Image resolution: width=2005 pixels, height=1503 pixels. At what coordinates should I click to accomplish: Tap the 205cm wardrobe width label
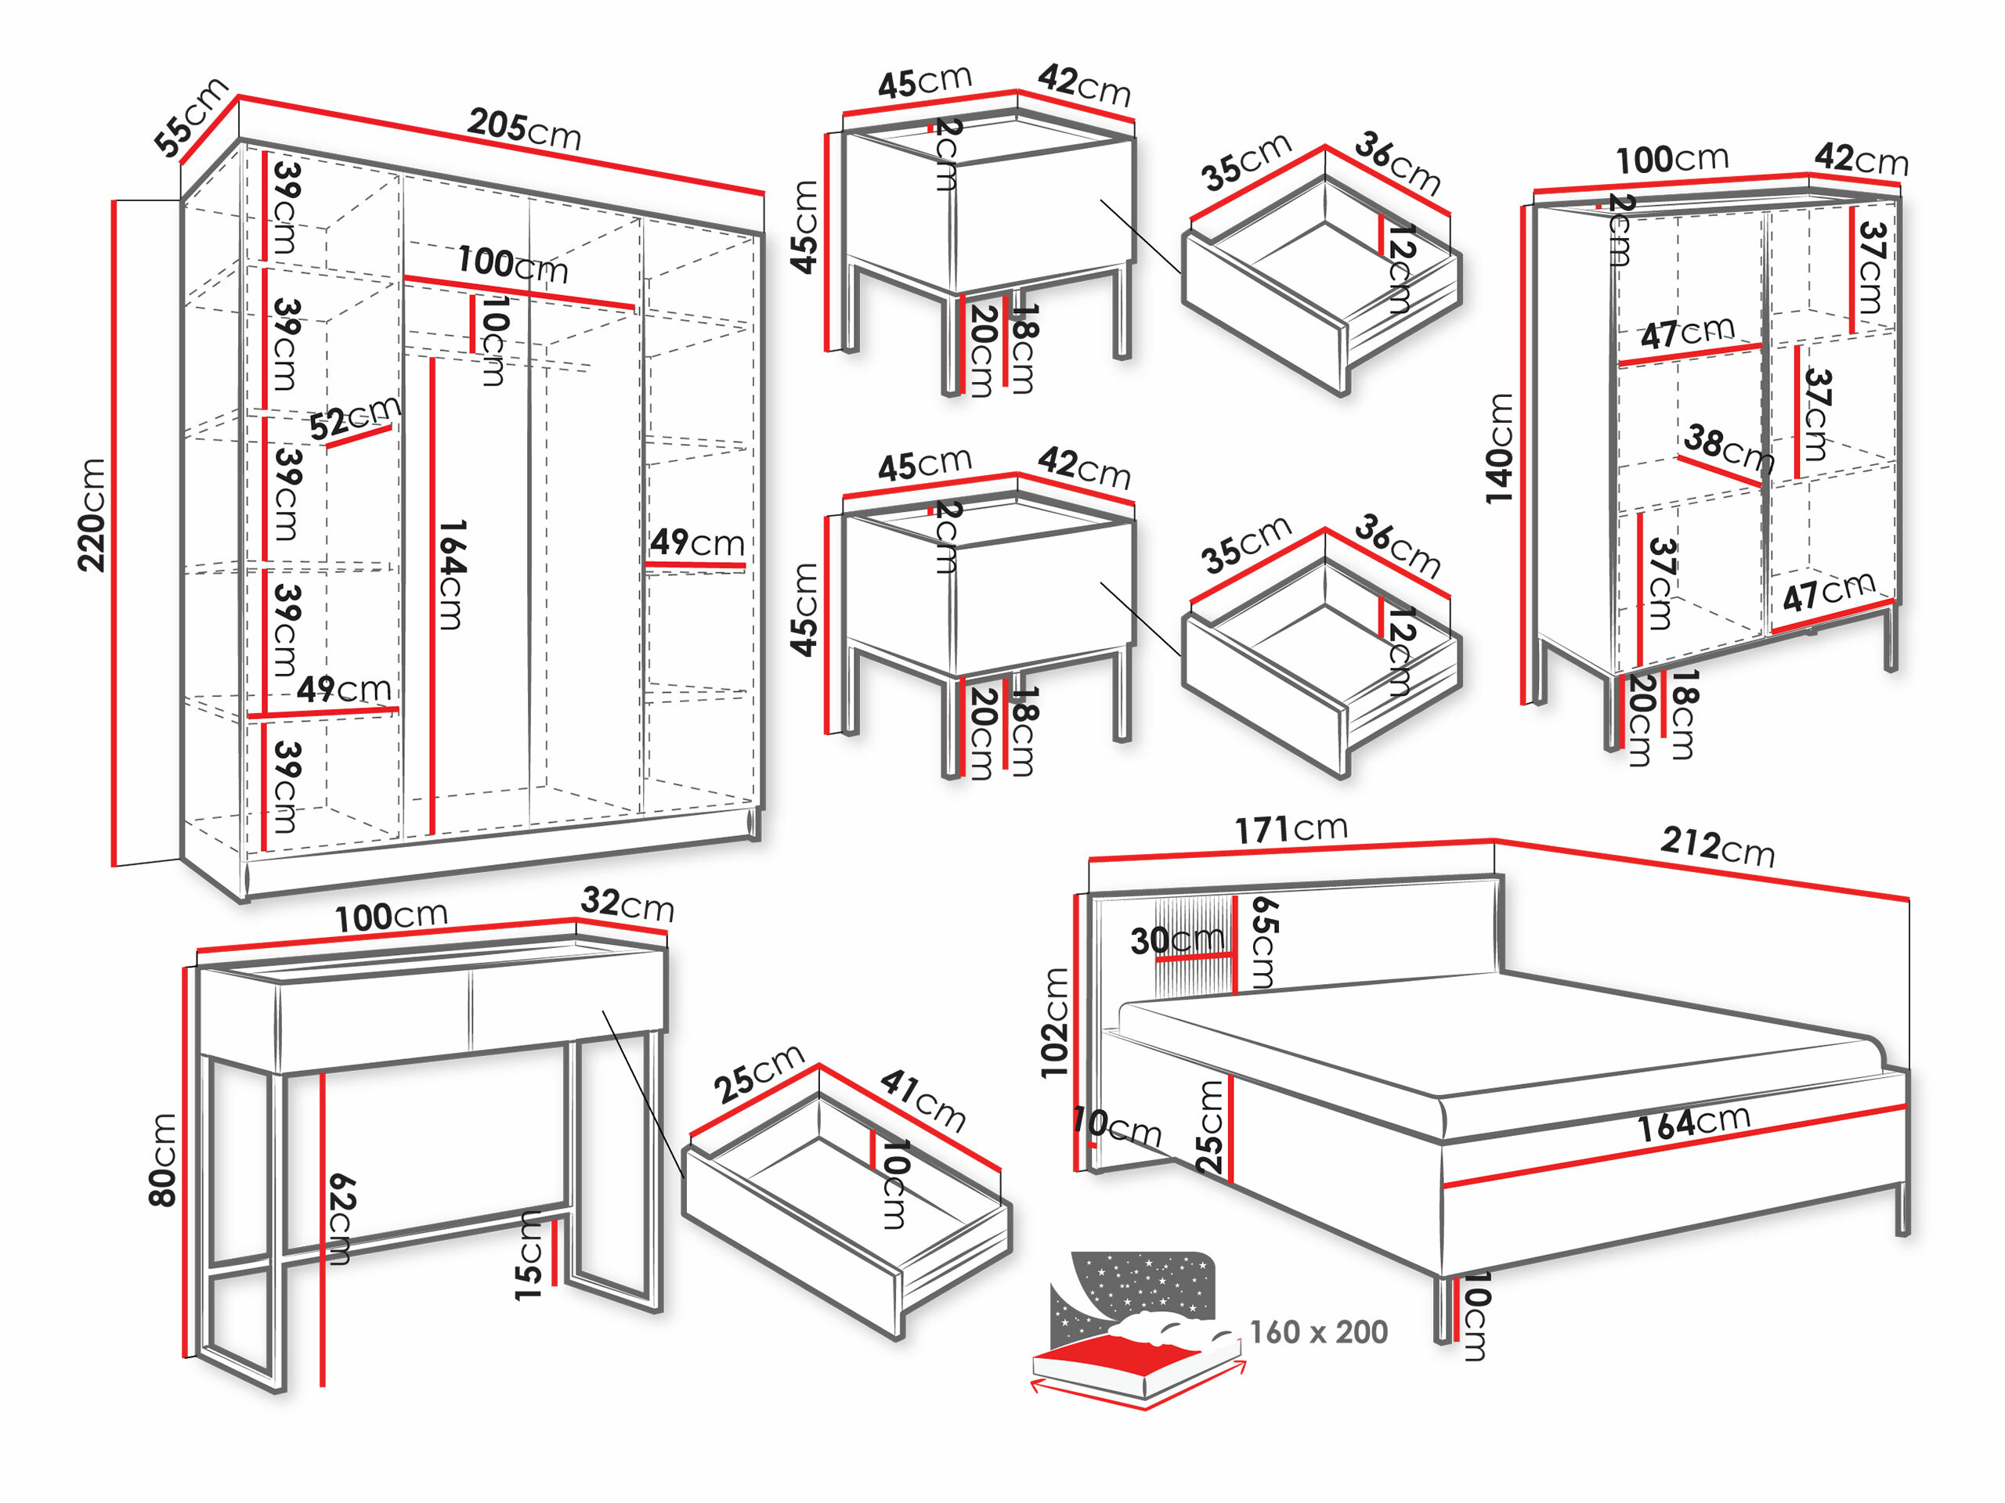pyautogui.click(x=524, y=128)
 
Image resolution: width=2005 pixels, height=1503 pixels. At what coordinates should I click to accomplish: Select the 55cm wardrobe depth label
pyautogui.click(x=190, y=117)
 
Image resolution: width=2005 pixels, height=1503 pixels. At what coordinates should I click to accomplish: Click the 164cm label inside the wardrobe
pyautogui.click(x=451, y=575)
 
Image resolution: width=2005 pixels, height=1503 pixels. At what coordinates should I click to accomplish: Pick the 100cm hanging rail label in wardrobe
pyautogui.click(x=512, y=264)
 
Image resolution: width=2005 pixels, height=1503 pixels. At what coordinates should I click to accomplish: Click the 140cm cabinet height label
pyautogui.click(x=1499, y=449)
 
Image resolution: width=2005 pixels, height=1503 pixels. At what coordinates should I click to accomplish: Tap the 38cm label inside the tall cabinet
pyautogui.click(x=1728, y=449)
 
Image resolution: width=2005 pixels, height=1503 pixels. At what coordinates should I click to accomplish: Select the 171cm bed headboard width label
pyautogui.click(x=1291, y=829)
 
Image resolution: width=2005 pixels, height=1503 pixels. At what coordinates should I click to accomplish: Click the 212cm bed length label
pyautogui.click(x=1717, y=846)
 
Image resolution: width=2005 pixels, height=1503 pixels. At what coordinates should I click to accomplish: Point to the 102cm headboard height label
pyautogui.click(x=1054, y=1023)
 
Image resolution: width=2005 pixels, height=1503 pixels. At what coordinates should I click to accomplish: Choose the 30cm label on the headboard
pyautogui.click(x=1176, y=940)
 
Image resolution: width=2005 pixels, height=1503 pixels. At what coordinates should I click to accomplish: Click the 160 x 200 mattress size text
pyautogui.click(x=1318, y=1332)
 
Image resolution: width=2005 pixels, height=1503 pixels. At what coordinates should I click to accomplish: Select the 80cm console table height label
pyautogui.click(x=162, y=1159)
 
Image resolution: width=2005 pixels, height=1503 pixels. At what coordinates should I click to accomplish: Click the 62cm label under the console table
pyautogui.click(x=341, y=1219)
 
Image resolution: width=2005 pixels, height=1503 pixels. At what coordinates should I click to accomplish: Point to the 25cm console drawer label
pyautogui.click(x=758, y=1073)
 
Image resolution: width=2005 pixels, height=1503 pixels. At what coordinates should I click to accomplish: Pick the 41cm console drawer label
pyautogui.click(x=923, y=1101)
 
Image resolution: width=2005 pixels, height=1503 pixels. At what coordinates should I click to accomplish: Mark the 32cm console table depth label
pyautogui.click(x=627, y=903)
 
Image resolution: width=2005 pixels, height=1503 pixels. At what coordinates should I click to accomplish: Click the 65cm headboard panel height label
pyautogui.click(x=1263, y=943)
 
